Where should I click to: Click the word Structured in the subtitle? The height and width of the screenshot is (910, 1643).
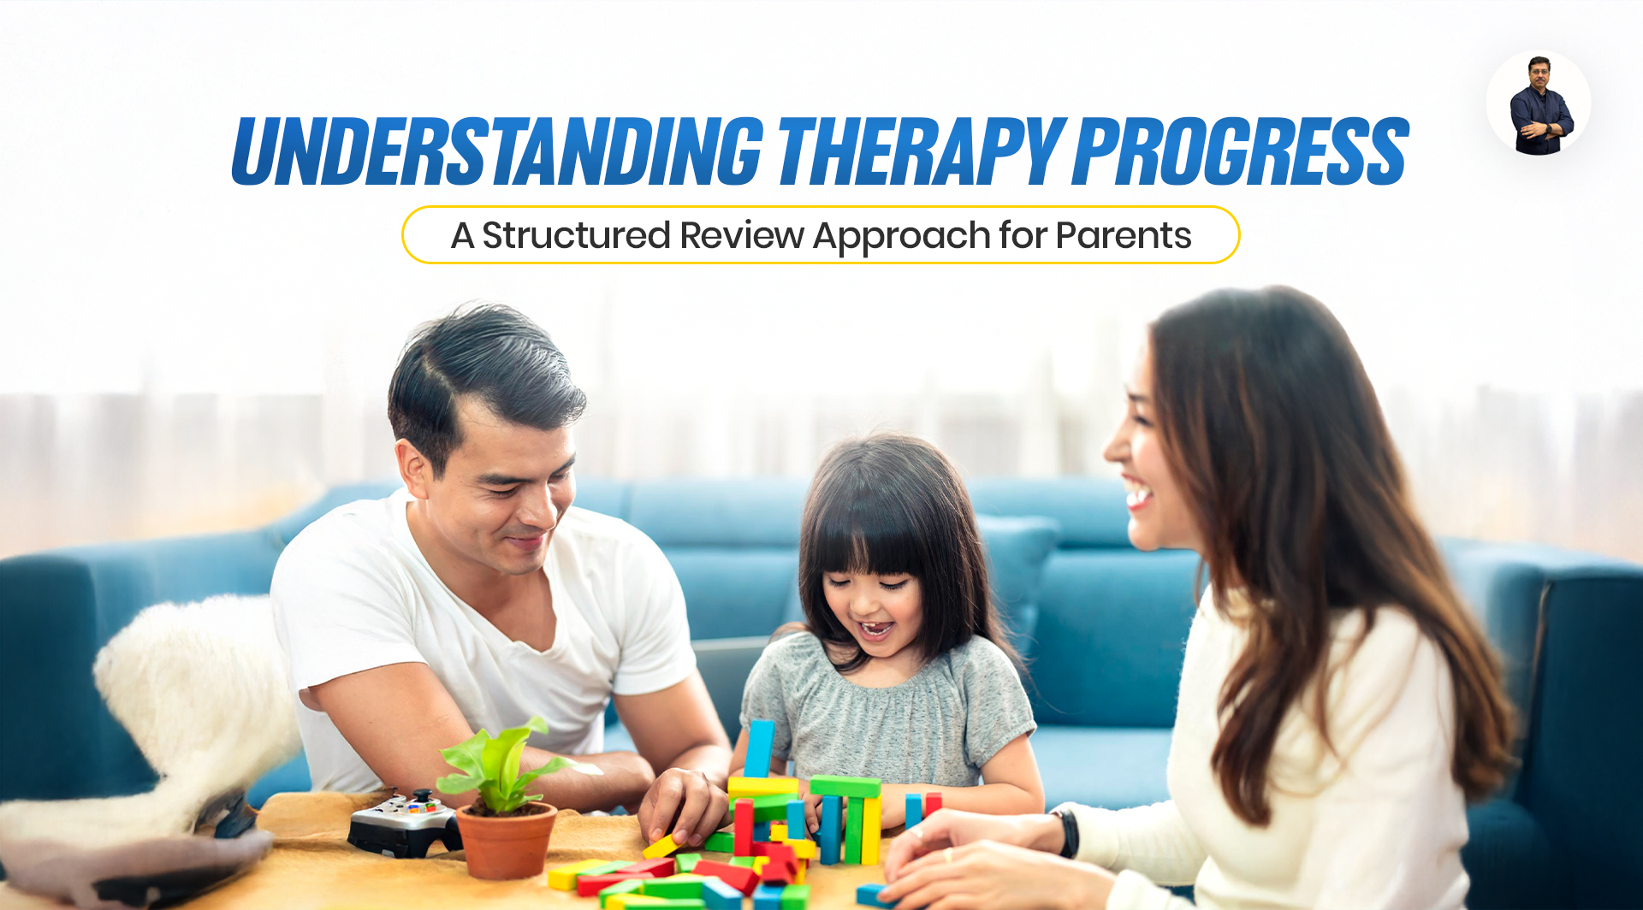point(576,235)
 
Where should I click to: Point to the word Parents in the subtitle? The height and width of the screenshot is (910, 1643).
point(1124,235)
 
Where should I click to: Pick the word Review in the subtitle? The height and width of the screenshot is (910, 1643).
point(742,235)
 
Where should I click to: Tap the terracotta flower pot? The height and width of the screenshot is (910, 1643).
point(506,840)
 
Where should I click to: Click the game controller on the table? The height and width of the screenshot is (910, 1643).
point(404,823)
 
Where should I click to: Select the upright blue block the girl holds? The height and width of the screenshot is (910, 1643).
point(758,749)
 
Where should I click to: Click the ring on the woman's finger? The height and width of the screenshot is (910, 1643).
point(948,854)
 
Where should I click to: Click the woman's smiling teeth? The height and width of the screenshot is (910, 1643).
point(1137,496)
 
